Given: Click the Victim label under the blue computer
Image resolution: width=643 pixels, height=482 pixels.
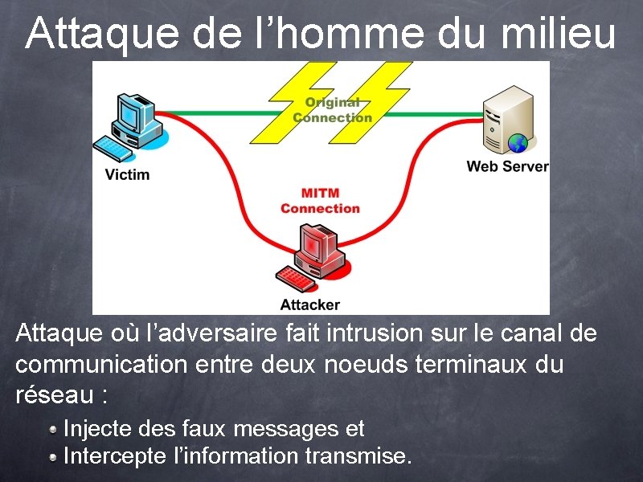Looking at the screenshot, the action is pos(127,174).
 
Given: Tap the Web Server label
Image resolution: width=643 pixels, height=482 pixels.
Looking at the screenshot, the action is pos(507,166).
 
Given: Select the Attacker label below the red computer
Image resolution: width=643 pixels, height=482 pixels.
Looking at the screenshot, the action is pos(309,304).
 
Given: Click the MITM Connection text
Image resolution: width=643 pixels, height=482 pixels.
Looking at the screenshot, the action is pos(320,201).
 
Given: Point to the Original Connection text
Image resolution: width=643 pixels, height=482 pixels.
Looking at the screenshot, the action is pos(332,110).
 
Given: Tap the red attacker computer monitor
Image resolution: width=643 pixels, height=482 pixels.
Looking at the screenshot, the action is pos(318,244).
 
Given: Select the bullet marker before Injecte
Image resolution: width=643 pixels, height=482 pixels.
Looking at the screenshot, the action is pos(52,429).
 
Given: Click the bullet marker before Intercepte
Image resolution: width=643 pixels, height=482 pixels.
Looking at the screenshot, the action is pos(52,457).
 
